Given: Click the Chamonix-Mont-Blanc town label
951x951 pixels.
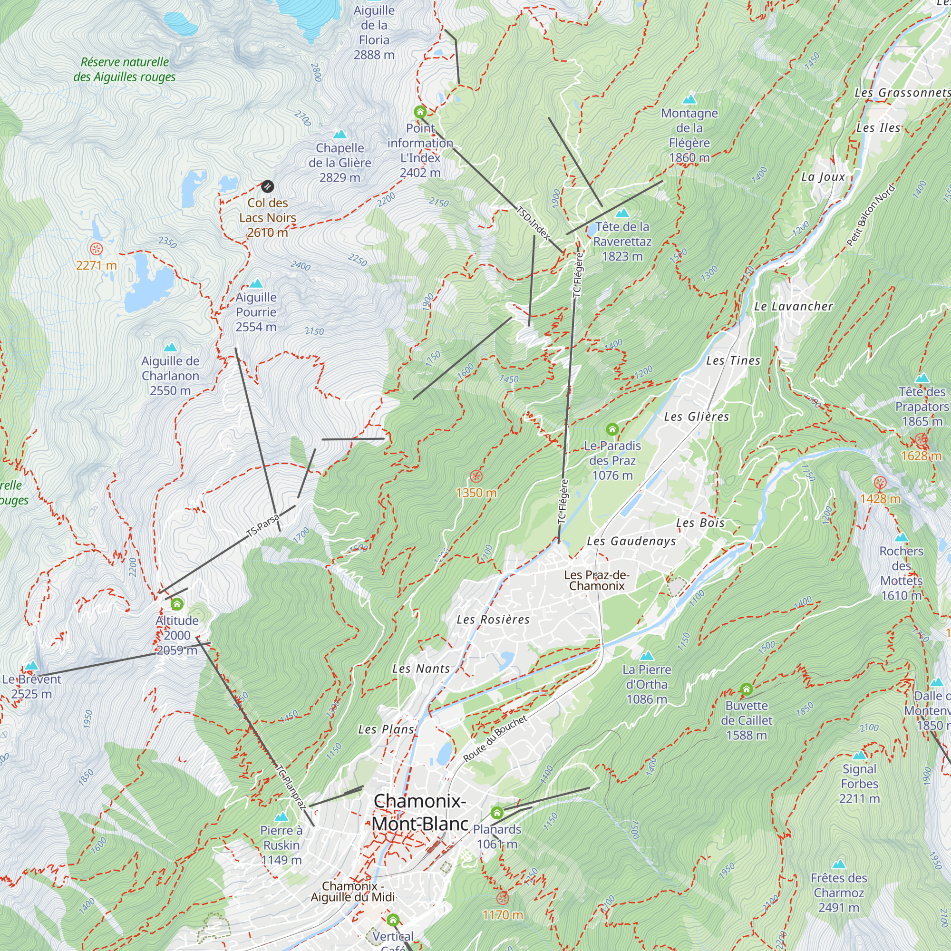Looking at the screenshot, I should tap(419, 812).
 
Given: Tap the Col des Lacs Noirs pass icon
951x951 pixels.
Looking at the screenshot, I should tap(267, 186).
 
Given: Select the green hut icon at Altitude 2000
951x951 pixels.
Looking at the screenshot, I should tap(177, 603).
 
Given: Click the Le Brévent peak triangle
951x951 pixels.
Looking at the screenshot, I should tap(31, 666).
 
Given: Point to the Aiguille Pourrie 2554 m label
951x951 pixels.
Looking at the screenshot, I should tap(256, 312).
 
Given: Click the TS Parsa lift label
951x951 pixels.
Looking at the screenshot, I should tap(263, 525).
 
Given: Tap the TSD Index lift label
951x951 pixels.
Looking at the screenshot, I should tap(533, 223).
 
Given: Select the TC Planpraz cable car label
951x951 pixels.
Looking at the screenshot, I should tap(291, 787).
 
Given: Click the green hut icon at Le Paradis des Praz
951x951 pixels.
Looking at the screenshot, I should tap(612, 429).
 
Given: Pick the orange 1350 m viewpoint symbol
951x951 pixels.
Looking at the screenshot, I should tap(476, 476).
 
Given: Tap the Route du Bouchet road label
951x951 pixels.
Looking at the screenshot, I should tap(495, 738).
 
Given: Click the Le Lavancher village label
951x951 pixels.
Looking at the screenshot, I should tap(794, 306).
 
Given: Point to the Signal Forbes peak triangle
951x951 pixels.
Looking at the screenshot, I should tap(859, 755).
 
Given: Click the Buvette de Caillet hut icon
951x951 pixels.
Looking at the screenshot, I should tap(746, 689).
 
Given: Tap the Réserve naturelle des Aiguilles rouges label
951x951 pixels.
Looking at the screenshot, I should tap(125, 69).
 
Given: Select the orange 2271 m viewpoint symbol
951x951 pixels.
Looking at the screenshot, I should tap(96, 249).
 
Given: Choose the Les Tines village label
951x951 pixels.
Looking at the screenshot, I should tap(733, 360).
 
